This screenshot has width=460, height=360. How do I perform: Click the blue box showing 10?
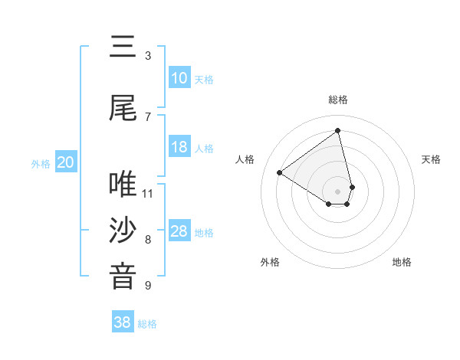tap(179, 78)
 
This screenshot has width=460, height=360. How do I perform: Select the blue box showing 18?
tap(179, 147)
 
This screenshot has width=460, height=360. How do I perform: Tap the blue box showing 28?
tap(179, 231)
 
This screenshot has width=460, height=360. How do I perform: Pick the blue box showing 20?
tap(65, 162)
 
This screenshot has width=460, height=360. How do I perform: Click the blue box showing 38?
tap(123, 322)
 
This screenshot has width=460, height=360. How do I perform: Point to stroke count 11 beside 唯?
tap(148, 193)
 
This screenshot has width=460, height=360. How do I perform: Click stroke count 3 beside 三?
tap(148, 56)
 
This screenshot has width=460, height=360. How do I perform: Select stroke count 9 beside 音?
tap(148, 286)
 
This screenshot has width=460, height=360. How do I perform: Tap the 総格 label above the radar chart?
tap(338, 100)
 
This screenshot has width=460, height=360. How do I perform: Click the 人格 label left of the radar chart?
tap(245, 159)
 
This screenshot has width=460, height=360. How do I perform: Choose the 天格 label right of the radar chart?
tap(431, 159)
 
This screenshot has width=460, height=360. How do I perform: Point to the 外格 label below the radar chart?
tap(270, 262)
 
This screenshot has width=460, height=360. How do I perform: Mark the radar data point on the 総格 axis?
tap(338, 131)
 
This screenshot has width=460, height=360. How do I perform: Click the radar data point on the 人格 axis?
tap(280, 173)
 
